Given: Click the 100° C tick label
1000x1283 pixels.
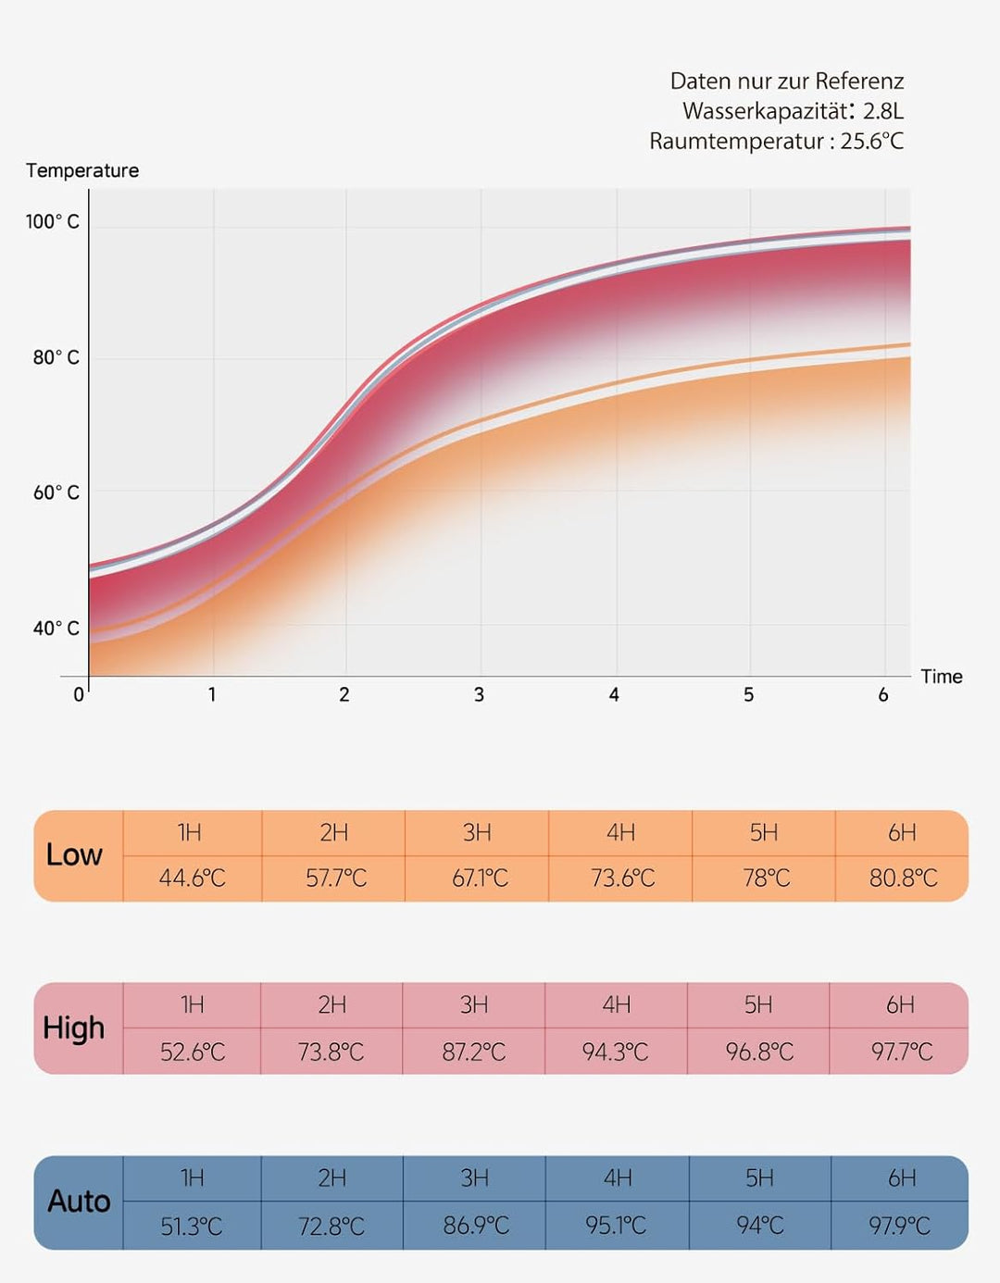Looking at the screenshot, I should [x=53, y=221].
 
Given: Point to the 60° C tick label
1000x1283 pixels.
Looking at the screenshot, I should [x=56, y=492].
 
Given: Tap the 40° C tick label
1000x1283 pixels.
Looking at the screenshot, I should [x=56, y=629].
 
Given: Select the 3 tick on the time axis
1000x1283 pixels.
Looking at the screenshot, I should [x=479, y=694].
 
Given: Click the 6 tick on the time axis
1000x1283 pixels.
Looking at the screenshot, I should [x=883, y=694].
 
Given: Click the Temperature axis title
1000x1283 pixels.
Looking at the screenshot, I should [x=82, y=170].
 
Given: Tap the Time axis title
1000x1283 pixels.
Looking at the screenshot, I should [x=942, y=677].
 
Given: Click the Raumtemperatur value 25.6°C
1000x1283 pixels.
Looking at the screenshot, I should [x=871, y=142].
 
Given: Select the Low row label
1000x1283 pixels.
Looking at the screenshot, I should [x=74, y=855].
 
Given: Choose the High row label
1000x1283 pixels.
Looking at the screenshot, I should [x=73, y=1028].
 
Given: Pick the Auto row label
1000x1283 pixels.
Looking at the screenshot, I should [x=79, y=1202].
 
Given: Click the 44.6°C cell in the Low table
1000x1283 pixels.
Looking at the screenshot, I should [x=192, y=878].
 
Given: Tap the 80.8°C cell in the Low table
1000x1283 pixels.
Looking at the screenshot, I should [x=903, y=878].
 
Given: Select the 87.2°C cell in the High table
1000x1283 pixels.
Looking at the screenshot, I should [x=473, y=1052].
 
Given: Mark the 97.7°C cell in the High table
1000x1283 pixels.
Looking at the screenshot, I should [x=901, y=1052].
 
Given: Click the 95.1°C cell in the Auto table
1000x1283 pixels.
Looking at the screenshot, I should [x=616, y=1226].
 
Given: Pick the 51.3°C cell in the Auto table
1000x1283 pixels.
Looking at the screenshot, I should [x=191, y=1226].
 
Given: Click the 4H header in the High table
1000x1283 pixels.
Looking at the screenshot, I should [x=616, y=1004].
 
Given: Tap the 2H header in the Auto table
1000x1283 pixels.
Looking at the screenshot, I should [x=331, y=1177].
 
